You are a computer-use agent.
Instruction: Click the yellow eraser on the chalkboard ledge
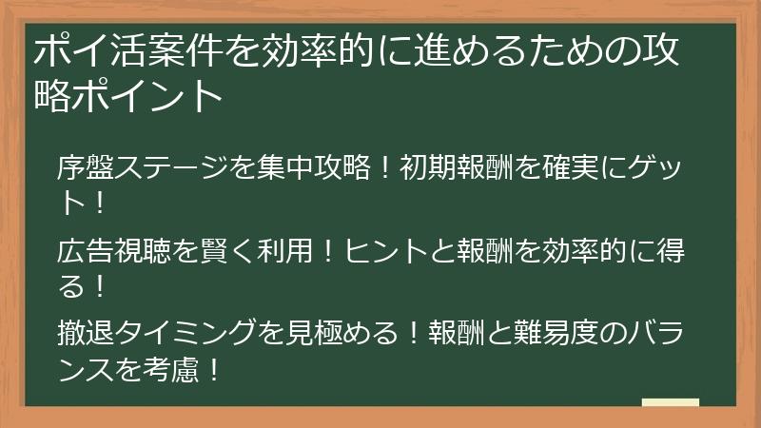[670, 403]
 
